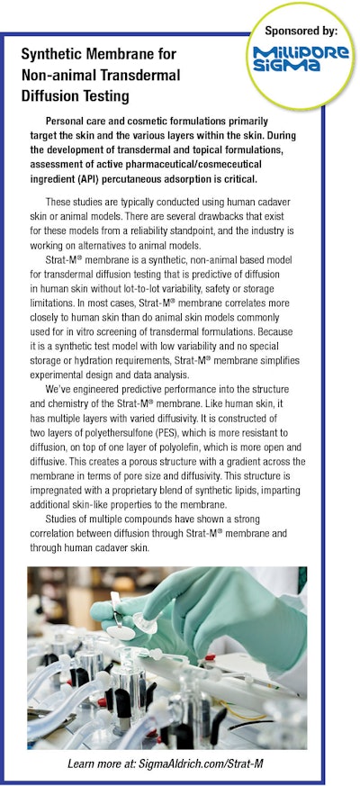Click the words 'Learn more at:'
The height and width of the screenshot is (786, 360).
109,764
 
